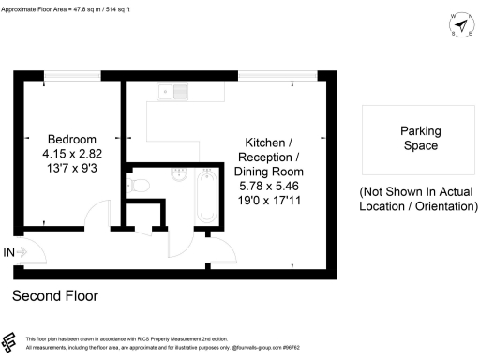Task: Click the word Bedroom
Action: pyautogui.click(x=64, y=139)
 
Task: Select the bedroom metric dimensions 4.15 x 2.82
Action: pyautogui.click(x=64, y=155)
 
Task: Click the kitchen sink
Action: pyautogui.click(x=172, y=92)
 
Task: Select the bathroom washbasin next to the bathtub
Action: pyautogui.click(x=180, y=175)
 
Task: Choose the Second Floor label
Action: pyautogui.click(x=54, y=296)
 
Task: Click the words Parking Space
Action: pyautogui.click(x=420, y=139)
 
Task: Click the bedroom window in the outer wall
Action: pyautogui.click(x=64, y=75)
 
